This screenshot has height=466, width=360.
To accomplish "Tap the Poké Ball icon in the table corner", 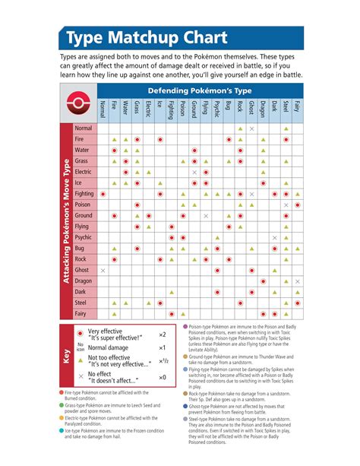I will click(83, 104).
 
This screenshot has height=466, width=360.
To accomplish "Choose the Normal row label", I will click(84, 128).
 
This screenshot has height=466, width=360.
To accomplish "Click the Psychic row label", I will click(84, 238).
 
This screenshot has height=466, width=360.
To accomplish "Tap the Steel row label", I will click(84, 303).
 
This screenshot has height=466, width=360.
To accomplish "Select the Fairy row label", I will click(84, 313).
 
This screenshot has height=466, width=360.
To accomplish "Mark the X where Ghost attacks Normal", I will click(103, 270).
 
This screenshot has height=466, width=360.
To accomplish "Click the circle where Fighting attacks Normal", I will click(103, 194).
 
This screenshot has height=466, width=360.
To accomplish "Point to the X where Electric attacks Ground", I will click(194, 173).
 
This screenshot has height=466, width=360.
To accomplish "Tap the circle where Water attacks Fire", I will click(114, 151).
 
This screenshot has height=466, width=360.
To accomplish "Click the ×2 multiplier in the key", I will click(162, 334).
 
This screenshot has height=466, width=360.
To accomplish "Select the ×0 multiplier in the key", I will click(162, 377).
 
